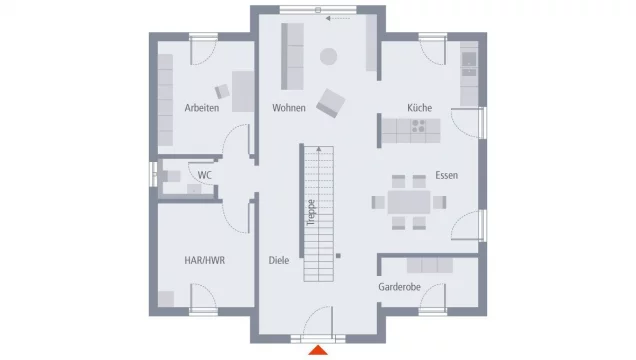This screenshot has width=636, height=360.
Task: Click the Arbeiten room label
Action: point(202,108)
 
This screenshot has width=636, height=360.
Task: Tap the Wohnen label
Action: point(288,108)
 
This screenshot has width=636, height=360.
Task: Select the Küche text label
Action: point(419,108)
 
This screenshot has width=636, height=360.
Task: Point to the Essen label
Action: point(446,176)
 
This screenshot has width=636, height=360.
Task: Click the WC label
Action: point(204,176)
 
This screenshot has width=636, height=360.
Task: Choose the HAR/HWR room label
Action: point(204,260)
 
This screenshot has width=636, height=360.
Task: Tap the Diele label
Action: point(279,260)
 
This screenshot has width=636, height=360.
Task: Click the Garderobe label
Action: point(398,288)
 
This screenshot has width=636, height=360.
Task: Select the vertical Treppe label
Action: point(311,214)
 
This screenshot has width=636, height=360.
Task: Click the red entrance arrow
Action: point(318,349)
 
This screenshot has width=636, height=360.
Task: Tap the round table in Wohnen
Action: point(328,57)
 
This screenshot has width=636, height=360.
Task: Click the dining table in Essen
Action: point(408,201)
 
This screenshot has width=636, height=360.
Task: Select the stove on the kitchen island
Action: point(418,127)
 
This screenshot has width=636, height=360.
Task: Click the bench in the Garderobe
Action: point(429,265)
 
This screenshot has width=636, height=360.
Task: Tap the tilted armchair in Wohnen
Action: point(330,101)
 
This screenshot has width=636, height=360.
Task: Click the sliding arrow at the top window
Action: point(340,18)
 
